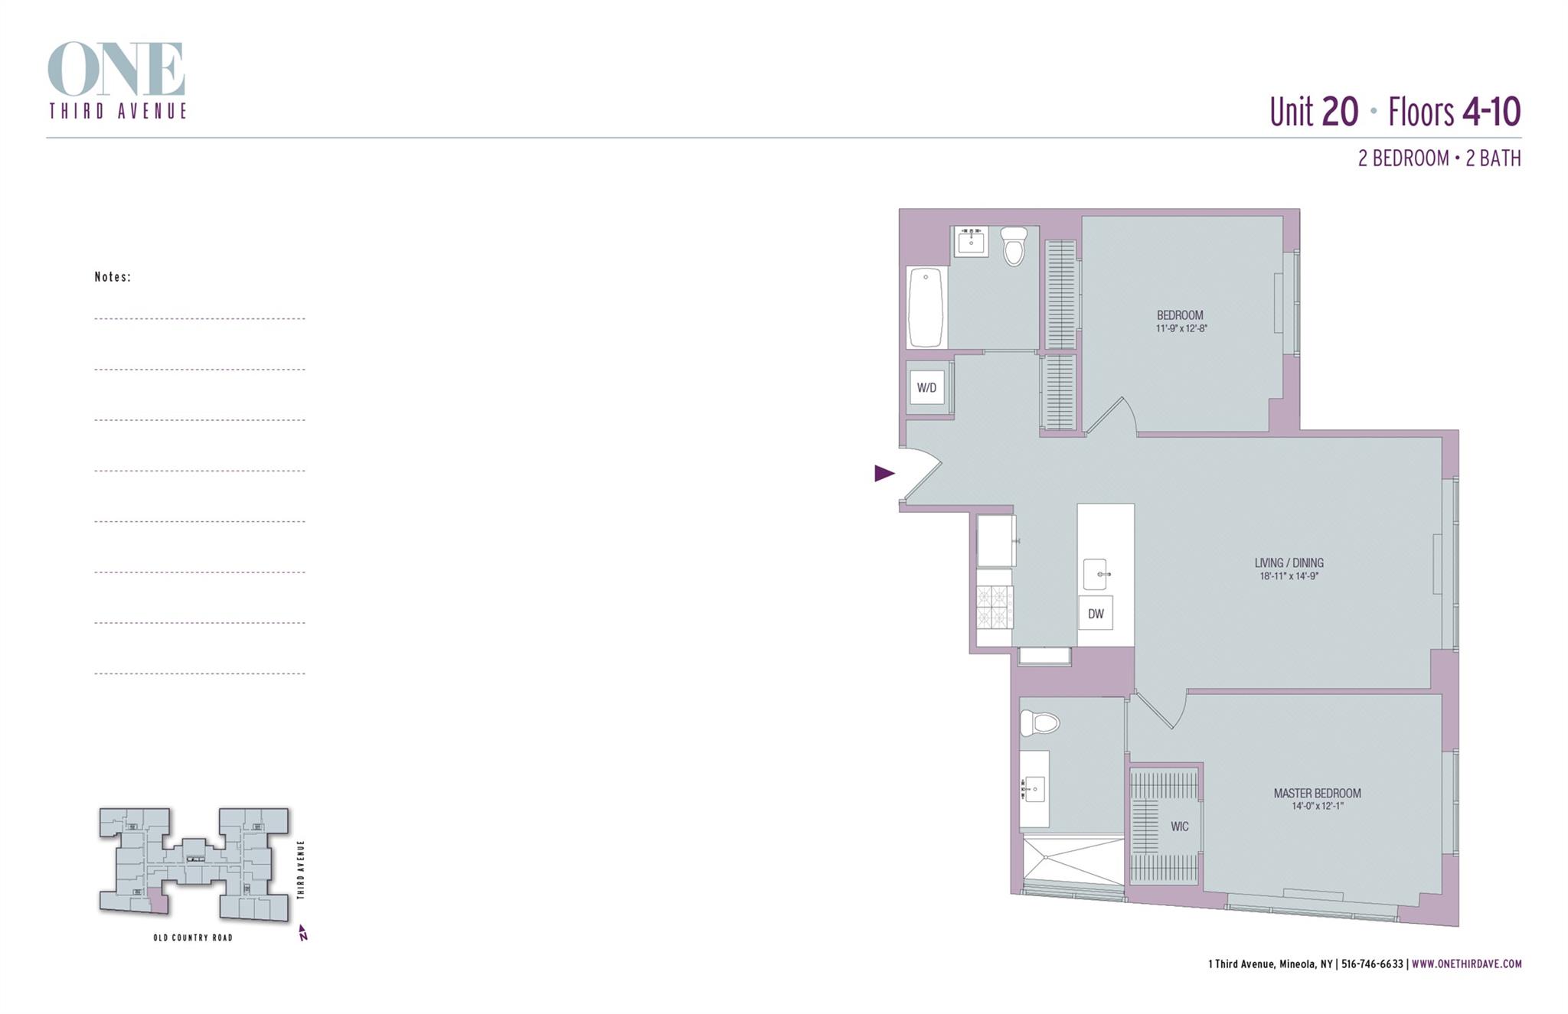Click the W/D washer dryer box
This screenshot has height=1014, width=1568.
(926, 387)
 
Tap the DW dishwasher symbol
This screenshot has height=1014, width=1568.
(1096, 614)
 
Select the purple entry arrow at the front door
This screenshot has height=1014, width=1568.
(884, 473)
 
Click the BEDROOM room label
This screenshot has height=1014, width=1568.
(1180, 315)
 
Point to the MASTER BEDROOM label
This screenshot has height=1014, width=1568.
(1317, 794)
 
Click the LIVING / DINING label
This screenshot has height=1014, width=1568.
(1289, 562)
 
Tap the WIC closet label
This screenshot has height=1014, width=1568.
(1179, 827)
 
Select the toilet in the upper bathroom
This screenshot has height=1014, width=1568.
(1014, 246)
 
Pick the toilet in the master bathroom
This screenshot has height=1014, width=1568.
(1039, 722)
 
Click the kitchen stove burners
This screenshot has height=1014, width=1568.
(995, 607)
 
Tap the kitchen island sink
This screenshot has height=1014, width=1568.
(1096, 574)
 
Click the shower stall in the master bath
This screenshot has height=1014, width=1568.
(1073, 860)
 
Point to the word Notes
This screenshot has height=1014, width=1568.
(113, 277)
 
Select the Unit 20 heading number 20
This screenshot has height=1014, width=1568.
(1340, 112)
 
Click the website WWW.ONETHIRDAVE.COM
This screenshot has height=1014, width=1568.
(1466, 964)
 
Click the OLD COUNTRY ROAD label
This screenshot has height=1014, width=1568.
(193, 937)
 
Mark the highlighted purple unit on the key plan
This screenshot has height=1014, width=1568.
(158, 901)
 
